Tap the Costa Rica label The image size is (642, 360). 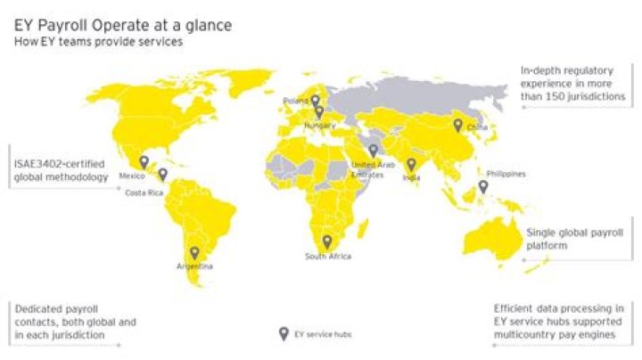(x=143, y=192)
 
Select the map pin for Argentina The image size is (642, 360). (x=194, y=253)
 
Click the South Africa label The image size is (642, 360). (x=327, y=257)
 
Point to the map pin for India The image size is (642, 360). (x=411, y=165)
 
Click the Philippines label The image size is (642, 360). (x=506, y=174)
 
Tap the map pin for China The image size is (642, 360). (x=457, y=126)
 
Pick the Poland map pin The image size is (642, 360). (x=315, y=101)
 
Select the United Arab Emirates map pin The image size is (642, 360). (x=373, y=151)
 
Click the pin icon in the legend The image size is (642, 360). (x=284, y=334)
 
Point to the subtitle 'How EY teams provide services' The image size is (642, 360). (x=98, y=43)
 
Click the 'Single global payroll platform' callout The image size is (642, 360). (x=574, y=238)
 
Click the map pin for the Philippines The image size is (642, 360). (x=482, y=187)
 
